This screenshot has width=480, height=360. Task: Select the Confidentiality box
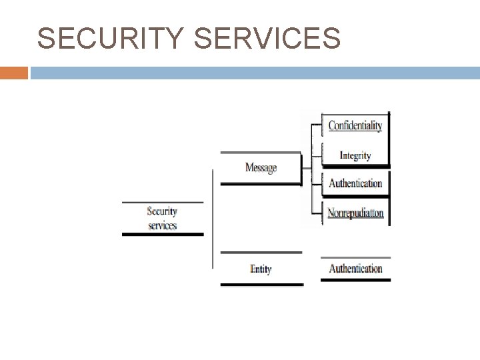[355, 125]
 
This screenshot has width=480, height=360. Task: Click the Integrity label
[355, 155]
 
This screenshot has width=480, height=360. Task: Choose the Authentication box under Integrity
[355, 183]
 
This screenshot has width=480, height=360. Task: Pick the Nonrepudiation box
[355, 213]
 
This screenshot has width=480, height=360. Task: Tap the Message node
[261, 168]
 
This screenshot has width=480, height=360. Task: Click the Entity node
[261, 269]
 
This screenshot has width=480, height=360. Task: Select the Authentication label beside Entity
[355, 269]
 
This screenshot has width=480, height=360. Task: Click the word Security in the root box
[162, 211]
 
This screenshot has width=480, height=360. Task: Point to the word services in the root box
[162, 225]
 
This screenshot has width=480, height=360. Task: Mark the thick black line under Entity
[261, 285]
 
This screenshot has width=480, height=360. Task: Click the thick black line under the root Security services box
[163, 234]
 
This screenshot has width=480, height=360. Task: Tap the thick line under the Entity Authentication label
[355, 280]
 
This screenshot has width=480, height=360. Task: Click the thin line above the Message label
[261, 153]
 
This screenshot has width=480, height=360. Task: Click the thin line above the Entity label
[261, 253]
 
